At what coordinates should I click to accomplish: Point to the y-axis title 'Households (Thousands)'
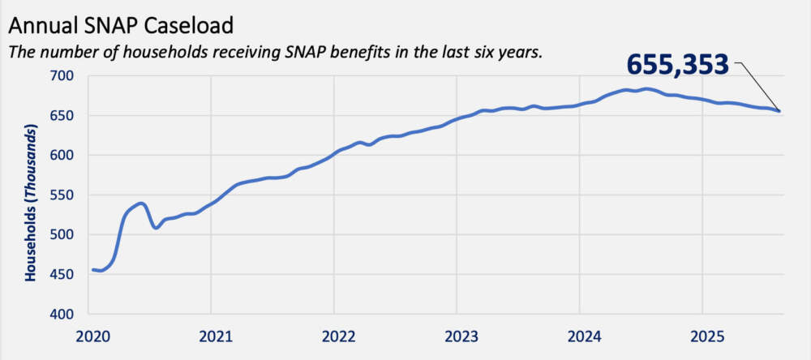31,203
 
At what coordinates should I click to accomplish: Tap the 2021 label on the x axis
211,334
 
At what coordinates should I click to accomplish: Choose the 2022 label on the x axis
333,334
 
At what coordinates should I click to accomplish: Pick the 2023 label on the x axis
457,334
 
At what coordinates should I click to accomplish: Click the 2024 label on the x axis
579,334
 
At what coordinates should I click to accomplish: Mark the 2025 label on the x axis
702,334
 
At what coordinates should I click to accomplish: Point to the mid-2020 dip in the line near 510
156,228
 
